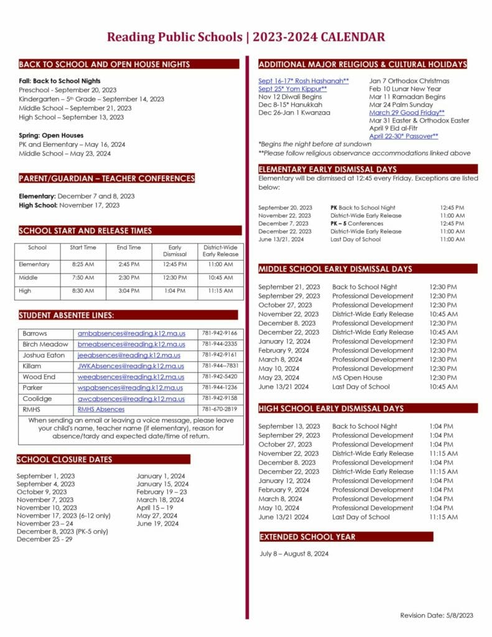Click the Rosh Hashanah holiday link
(304, 81)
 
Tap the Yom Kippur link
(292, 89)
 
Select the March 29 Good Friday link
(407, 113)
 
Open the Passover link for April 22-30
(404, 136)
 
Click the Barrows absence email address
(131, 333)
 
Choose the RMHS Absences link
(101, 409)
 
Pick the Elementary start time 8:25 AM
(83, 264)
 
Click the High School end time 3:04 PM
(129, 291)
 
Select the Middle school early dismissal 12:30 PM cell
(174, 277)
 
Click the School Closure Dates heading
(65, 460)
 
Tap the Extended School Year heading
(308, 537)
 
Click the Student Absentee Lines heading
(67, 315)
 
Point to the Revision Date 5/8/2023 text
(437, 615)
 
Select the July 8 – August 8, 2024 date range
(294, 554)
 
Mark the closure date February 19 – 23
(162, 492)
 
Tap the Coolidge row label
(37, 399)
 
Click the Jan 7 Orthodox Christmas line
(409, 81)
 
